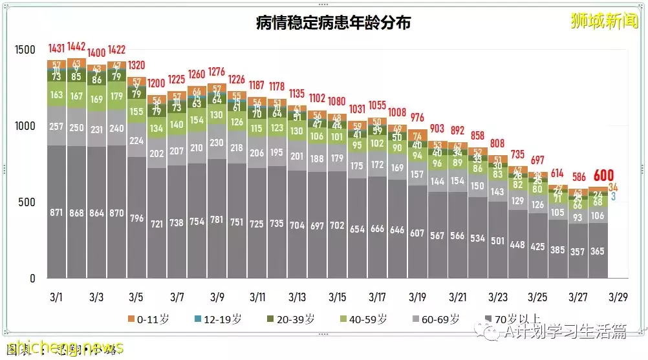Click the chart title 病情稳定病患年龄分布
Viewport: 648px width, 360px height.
click(333, 23)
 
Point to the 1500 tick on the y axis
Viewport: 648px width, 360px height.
click(25, 50)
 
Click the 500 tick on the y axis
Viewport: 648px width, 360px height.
click(29, 202)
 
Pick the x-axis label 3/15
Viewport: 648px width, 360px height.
click(337, 298)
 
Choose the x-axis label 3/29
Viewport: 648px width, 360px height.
click(618, 298)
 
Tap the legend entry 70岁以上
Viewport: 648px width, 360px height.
click(512, 319)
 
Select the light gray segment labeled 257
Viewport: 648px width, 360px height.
click(57, 125)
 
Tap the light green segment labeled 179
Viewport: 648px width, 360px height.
click(117, 96)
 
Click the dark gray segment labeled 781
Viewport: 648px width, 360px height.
click(217, 220)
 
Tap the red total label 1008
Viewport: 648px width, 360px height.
click(398, 111)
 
